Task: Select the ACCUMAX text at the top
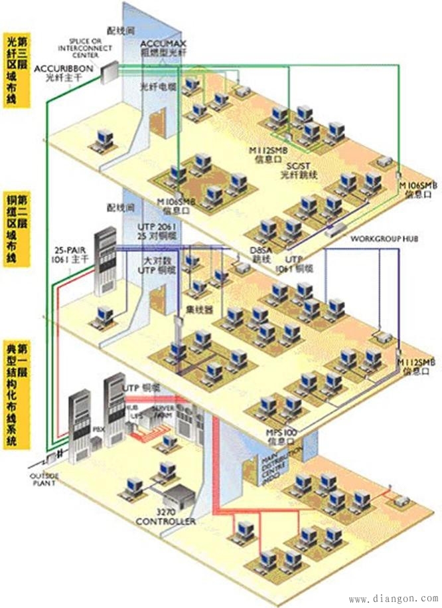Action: [159, 43]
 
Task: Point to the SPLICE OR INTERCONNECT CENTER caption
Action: [82, 49]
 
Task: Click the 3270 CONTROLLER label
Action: [166, 518]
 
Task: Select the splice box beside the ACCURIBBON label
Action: [110, 68]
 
